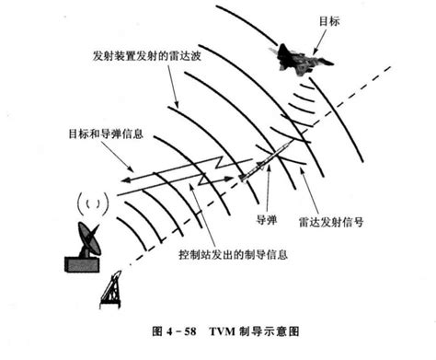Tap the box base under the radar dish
(x=82, y=263)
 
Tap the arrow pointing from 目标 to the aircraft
(x=317, y=36)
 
